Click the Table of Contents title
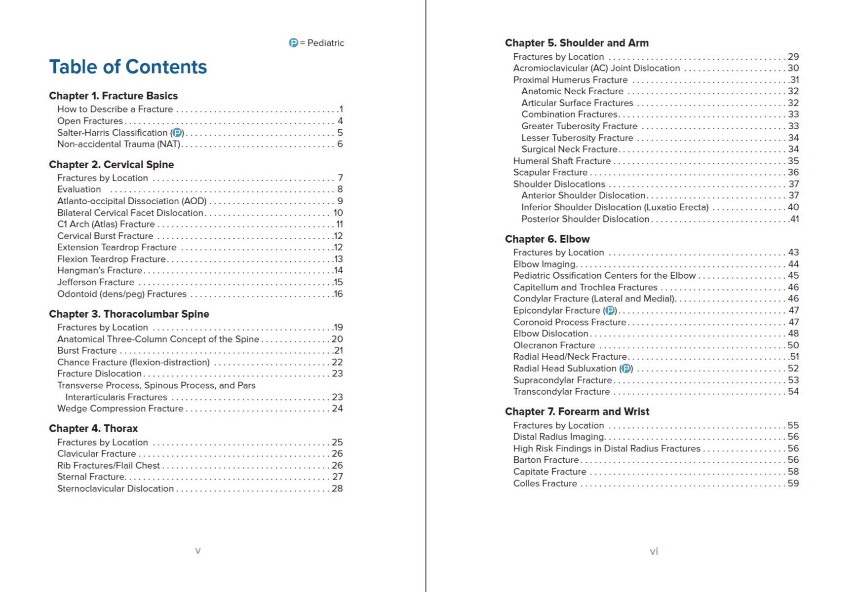tap(128, 67)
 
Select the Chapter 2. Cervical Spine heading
tap(111, 165)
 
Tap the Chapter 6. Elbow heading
tap(547, 239)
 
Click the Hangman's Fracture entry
tap(100, 270)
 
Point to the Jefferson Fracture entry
tap(96, 282)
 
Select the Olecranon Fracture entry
tap(554, 345)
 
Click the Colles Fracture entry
tap(545, 483)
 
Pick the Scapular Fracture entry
tap(550, 172)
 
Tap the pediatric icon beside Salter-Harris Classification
tap(177, 133)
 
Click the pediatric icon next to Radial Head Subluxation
tap(626, 369)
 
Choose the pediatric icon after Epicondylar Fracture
tap(610, 310)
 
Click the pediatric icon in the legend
tap(293, 43)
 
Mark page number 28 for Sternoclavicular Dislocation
tap(337, 488)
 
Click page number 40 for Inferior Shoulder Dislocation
tap(793, 207)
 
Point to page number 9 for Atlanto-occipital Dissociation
tap(340, 201)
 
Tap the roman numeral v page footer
tap(198, 551)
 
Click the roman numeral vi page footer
tap(654, 552)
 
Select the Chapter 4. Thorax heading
tap(93, 429)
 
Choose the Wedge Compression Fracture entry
tap(120, 408)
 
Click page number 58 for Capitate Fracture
tap(793, 472)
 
